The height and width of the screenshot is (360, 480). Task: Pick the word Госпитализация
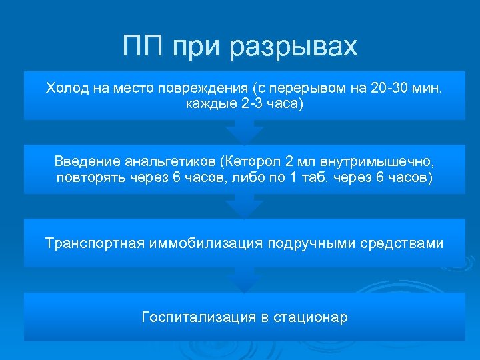pos(195,317)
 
